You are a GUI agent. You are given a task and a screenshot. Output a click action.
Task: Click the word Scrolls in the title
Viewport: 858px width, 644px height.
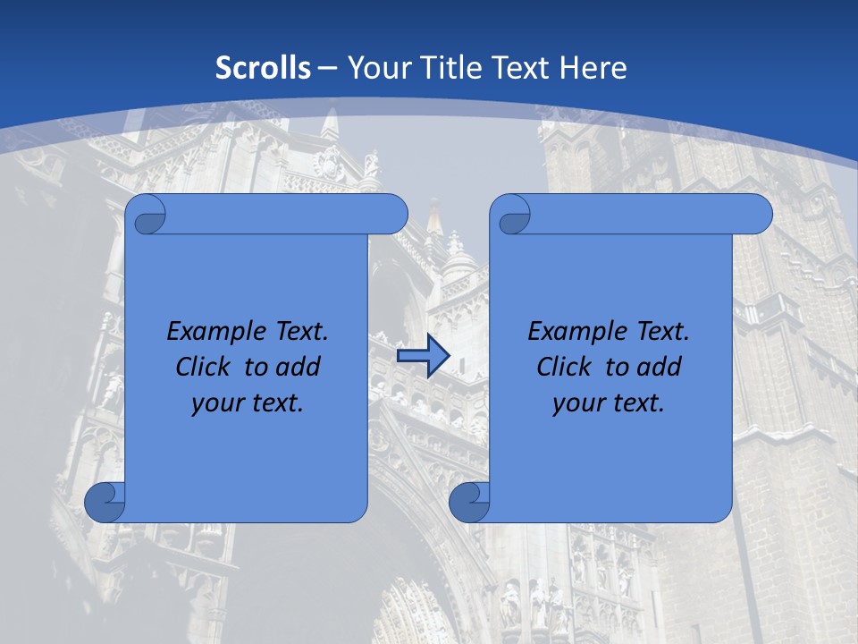coord(263,68)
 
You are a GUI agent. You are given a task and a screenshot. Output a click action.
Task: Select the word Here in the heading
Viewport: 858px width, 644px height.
coord(593,68)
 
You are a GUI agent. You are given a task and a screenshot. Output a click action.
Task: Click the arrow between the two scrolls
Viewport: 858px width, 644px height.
coord(423,356)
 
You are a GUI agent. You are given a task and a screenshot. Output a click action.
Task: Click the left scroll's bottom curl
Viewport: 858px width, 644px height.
coord(105,502)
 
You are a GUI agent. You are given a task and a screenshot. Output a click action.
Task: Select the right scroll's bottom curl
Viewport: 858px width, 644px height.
coord(470,502)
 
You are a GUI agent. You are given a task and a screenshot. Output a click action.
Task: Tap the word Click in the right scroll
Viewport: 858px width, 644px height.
coord(564,367)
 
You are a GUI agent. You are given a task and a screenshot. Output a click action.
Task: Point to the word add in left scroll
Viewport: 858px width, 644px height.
coord(299,367)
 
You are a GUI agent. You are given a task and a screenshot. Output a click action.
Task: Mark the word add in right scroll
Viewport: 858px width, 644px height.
coord(660,367)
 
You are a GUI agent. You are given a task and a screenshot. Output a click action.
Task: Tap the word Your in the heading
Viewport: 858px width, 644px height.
coord(374,68)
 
